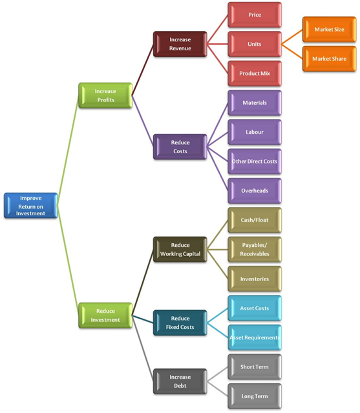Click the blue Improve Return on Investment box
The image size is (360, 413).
pos(30,206)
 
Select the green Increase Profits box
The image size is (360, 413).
pos(105,96)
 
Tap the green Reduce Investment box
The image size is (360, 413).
pos(105,315)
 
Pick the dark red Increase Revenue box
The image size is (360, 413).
pos(180,44)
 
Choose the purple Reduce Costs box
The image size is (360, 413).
pos(180,147)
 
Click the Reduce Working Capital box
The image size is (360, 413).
pos(180,249)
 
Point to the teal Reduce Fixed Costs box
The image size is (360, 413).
pos(180,323)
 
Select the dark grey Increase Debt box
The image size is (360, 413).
pos(180,381)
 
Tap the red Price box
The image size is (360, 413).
pos(255,15)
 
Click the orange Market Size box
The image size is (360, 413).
pos(329,30)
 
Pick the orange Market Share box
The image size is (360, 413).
pos(329,59)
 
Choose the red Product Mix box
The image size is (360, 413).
pos(255,74)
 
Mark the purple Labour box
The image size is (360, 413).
pos(255,132)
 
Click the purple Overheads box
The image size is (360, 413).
pos(255,191)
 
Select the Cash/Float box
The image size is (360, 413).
pos(255,220)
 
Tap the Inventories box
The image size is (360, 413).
pos(255,279)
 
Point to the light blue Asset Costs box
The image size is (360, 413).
pos(255,308)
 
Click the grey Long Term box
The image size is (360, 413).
pos(255,396)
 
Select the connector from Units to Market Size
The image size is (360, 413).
pos(292,37)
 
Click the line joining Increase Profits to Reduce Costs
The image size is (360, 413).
pos(142,121)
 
